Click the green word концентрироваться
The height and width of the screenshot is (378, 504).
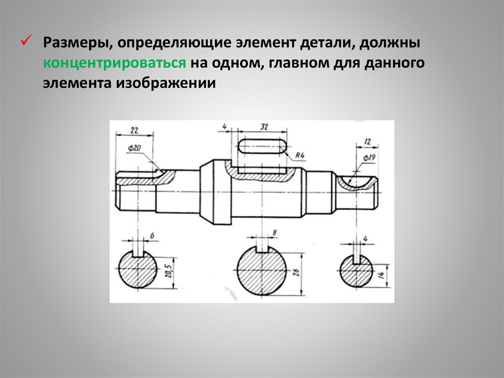click(114, 63)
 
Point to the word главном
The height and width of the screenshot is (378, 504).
click(301, 63)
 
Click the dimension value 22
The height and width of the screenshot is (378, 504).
click(133, 130)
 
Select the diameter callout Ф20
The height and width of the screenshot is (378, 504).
click(134, 147)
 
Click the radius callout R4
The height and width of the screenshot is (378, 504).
click(301, 156)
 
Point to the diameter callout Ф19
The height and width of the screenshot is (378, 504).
click(370, 157)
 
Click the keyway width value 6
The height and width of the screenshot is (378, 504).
click(152, 236)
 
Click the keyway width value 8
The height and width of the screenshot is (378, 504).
click(274, 232)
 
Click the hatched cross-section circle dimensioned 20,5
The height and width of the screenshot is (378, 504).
click(138, 272)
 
